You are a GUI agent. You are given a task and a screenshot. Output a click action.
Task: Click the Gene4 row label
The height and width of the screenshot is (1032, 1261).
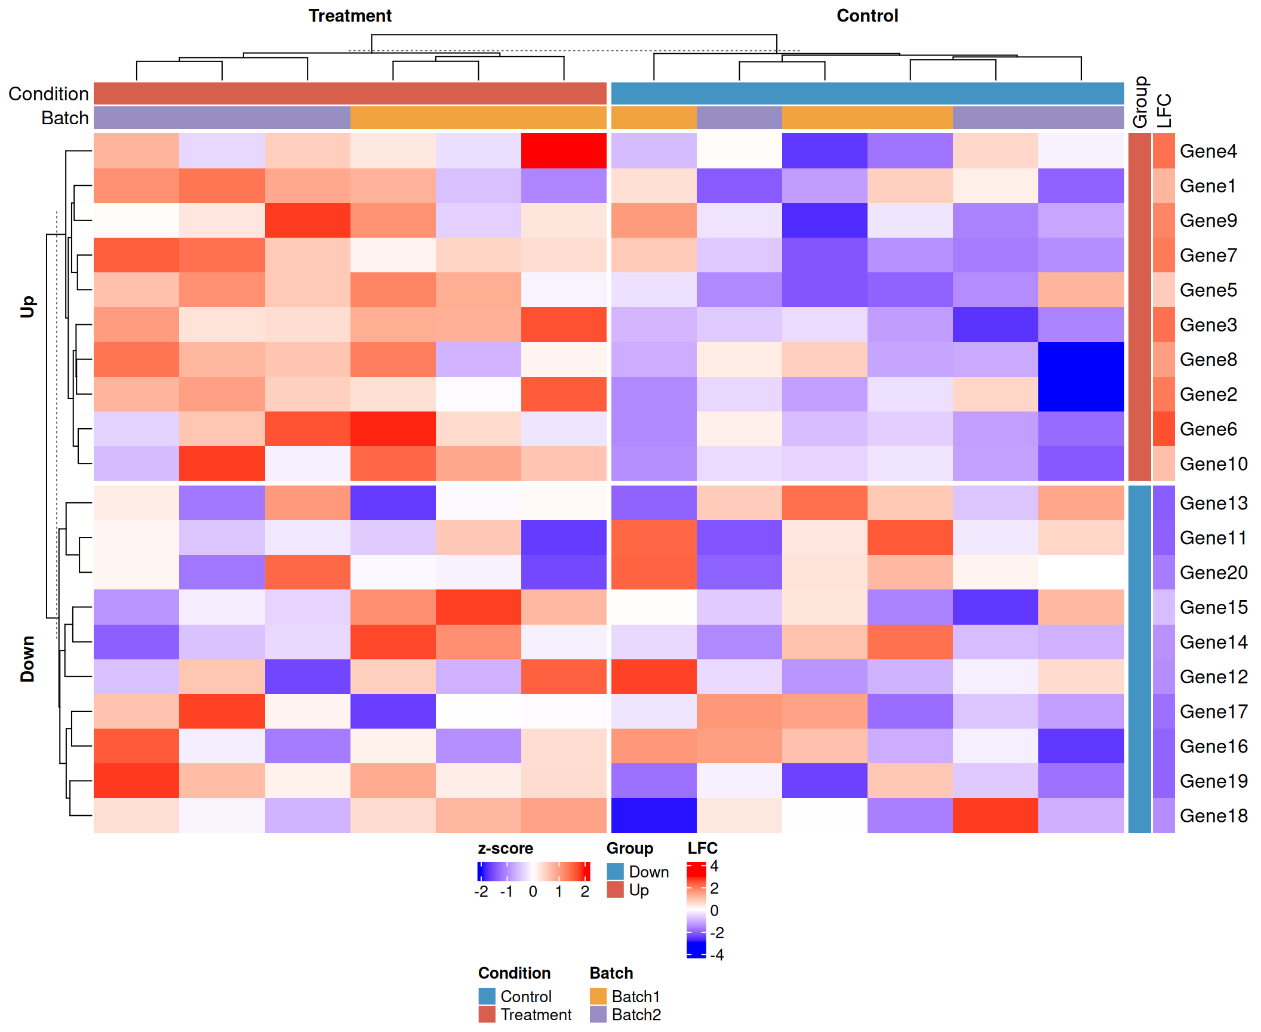[1208, 151]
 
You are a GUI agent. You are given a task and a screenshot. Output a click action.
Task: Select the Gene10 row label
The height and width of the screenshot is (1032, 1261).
[1213, 463]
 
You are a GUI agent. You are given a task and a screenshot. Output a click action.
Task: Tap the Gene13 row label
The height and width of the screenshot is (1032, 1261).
[1213, 503]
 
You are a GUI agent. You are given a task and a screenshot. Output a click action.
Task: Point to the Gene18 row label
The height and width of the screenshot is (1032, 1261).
[1213, 815]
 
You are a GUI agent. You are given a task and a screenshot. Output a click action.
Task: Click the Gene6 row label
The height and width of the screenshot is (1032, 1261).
[1208, 429]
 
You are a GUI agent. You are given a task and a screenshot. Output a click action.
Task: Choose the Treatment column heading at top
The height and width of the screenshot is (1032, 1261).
[350, 16]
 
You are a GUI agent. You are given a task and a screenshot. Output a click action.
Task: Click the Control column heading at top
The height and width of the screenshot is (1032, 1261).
[867, 16]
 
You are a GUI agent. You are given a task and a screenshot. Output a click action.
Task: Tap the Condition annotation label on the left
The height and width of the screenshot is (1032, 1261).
[48, 94]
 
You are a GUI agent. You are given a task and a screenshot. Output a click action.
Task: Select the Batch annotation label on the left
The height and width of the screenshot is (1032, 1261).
[64, 118]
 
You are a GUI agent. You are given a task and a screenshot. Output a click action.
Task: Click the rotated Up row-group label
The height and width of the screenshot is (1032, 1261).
[27, 306]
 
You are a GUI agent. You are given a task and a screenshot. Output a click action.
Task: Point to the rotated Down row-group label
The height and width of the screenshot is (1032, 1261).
[27, 659]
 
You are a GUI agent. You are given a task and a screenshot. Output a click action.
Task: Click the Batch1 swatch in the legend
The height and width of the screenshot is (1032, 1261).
[598, 996]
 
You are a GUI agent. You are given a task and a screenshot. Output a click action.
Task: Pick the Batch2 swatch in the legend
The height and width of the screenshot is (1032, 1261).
[598, 1014]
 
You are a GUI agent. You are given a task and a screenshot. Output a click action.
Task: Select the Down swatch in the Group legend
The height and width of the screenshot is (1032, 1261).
[615, 871]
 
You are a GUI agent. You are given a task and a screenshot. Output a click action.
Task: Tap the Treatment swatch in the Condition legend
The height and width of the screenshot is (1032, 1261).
[487, 1014]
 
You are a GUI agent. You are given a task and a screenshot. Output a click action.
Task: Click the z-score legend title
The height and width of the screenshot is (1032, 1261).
[505, 848]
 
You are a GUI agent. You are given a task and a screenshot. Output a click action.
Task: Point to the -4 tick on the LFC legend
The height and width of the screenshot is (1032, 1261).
[716, 954]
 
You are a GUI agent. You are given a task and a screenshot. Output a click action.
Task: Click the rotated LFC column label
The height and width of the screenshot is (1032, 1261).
[1164, 110]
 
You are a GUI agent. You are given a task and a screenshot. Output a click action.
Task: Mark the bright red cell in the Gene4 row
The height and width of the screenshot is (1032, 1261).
[564, 150]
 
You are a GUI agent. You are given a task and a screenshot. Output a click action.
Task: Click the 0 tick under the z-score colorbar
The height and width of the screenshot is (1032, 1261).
[533, 892]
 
